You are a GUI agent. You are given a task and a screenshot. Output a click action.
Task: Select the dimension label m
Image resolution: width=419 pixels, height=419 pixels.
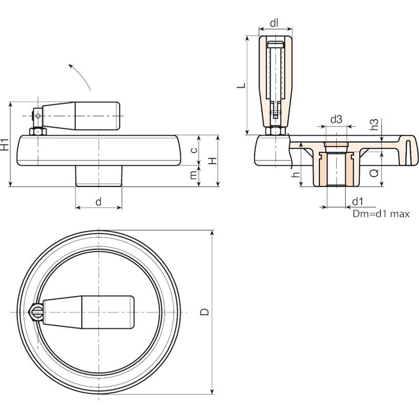click(x=194, y=175)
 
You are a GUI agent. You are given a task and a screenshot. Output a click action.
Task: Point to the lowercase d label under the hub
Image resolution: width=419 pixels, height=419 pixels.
click(x=98, y=202)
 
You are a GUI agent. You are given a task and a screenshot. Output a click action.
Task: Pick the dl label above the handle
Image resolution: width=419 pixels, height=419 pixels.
click(x=274, y=24)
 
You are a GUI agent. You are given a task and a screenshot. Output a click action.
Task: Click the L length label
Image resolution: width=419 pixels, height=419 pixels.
click(x=241, y=85)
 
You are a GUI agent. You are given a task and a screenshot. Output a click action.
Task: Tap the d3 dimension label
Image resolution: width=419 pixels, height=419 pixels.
click(x=336, y=119)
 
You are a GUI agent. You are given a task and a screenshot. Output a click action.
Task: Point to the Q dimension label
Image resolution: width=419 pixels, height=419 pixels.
click(x=375, y=173)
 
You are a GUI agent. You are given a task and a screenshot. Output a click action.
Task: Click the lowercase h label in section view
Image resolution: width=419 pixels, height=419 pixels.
click(x=296, y=174)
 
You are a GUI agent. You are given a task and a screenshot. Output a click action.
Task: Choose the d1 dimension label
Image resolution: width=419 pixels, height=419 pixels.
click(x=358, y=202)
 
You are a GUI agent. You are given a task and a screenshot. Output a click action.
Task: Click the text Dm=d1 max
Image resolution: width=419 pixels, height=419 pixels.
click(x=381, y=214)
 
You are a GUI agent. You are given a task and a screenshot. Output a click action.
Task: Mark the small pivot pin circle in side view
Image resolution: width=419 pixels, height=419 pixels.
click(x=38, y=116)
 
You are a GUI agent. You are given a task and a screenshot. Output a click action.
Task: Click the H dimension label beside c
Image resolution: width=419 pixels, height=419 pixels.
click(x=214, y=160)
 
